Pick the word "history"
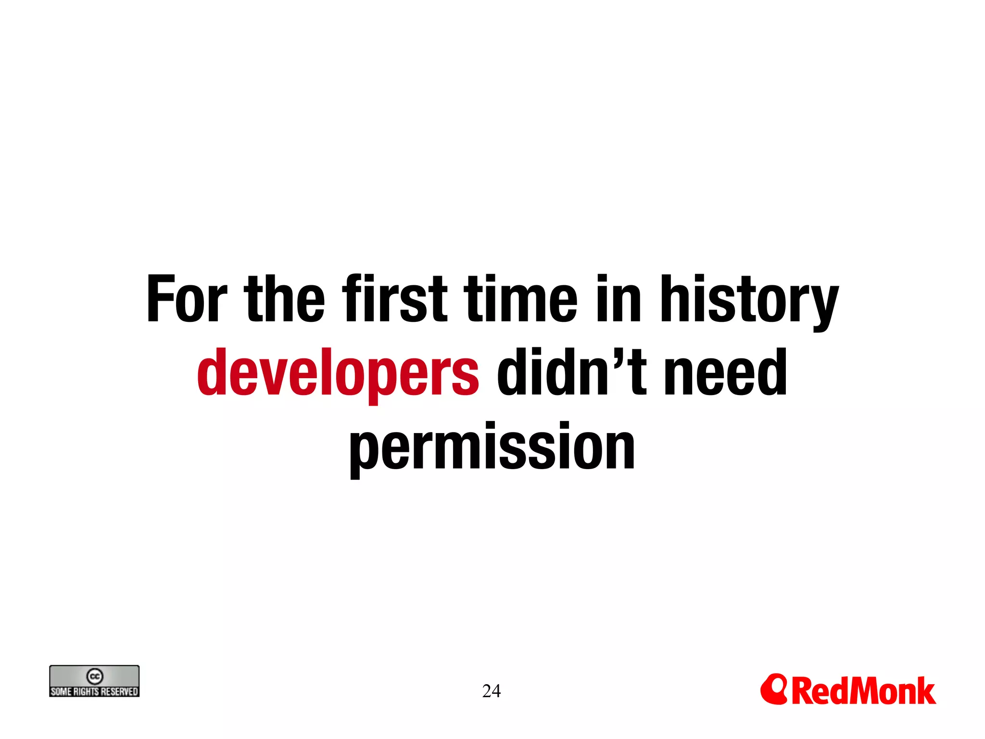click(x=749, y=301)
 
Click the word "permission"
click(x=492, y=447)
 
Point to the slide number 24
click(x=491, y=691)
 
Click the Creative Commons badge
click(x=94, y=681)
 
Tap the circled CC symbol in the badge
click(x=95, y=676)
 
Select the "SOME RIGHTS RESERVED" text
click(x=94, y=691)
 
